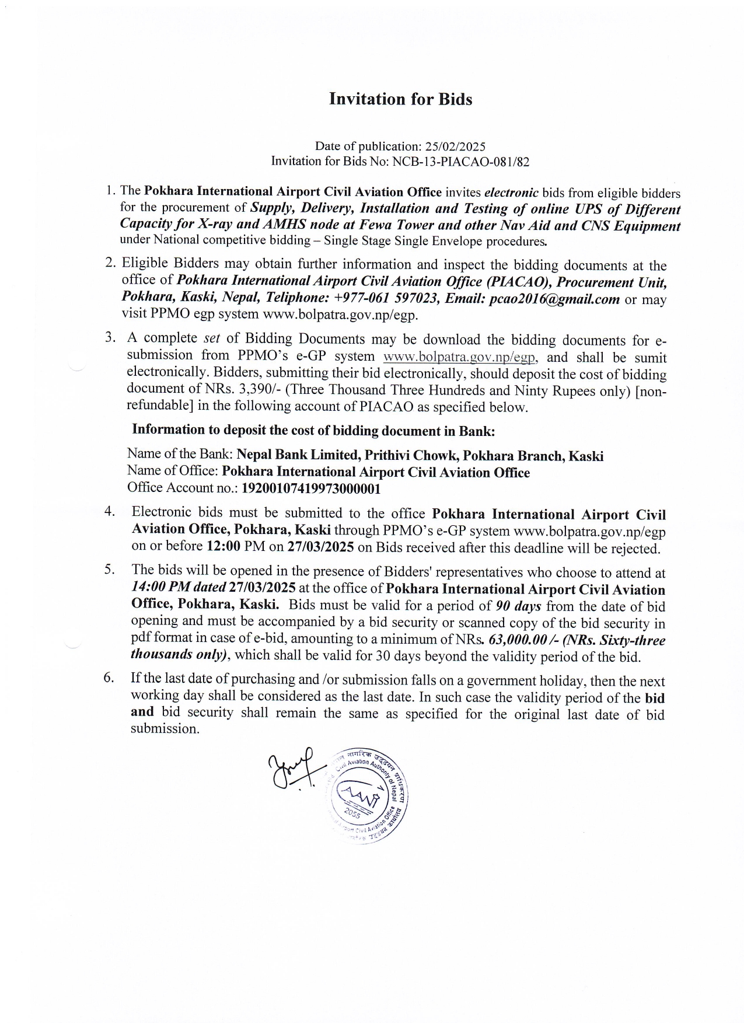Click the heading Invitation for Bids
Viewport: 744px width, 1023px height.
pos(400,99)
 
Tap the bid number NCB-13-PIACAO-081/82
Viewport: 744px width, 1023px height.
pos(460,162)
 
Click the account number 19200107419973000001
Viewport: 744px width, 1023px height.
pos(311,488)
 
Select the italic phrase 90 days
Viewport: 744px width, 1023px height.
pos(518,606)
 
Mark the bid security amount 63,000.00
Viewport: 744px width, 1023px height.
pos(516,640)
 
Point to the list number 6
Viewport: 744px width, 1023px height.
pos(108,678)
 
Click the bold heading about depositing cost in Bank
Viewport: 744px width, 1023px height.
pos(313,431)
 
